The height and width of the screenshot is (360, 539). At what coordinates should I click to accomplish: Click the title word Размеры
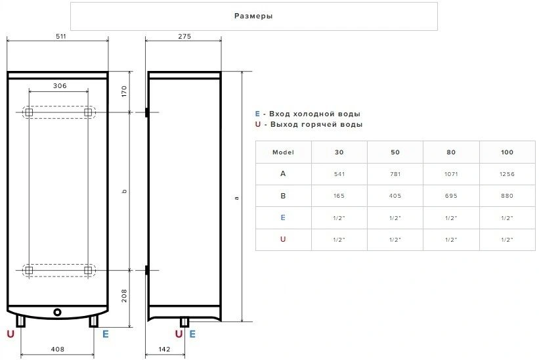point(253,16)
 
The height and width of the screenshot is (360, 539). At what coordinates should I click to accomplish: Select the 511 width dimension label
point(61,36)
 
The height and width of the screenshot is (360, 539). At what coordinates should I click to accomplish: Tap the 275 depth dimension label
point(184,36)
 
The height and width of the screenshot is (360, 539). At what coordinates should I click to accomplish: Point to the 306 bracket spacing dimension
point(60,85)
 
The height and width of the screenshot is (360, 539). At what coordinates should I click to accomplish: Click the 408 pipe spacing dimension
point(57,349)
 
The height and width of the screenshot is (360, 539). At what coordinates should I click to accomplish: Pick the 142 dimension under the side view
point(164,349)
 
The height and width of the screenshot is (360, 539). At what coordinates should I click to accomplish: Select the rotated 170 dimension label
point(124,91)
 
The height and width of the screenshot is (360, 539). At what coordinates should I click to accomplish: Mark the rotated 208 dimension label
point(124,296)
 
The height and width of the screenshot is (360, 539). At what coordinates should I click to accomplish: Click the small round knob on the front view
point(57,312)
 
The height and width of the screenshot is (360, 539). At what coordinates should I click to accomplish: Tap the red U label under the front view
point(11,334)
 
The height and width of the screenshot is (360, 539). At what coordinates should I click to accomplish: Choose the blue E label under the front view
point(106,334)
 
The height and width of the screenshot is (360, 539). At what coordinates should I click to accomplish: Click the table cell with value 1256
point(507,174)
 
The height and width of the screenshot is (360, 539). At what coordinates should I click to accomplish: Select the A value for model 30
point(339,174)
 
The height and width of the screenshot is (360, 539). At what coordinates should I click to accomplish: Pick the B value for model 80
point(451,196)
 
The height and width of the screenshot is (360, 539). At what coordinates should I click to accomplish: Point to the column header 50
point(395,152)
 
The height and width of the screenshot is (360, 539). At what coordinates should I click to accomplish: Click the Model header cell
point(283,152)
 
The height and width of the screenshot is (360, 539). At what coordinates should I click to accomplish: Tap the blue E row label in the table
point(283,217)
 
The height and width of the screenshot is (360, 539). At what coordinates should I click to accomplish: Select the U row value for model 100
point(507,239)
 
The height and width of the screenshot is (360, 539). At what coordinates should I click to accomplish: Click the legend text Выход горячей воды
point(316,124)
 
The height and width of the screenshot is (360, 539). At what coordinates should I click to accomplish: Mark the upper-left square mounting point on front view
point(30,112)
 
